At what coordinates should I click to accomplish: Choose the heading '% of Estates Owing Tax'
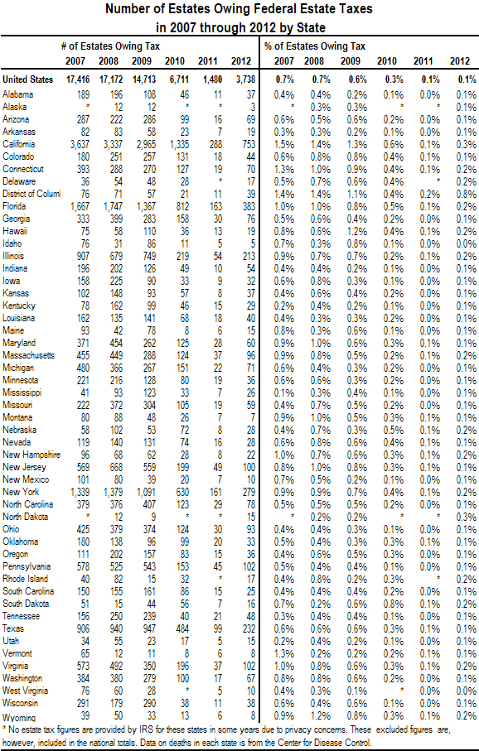point(315,46)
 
